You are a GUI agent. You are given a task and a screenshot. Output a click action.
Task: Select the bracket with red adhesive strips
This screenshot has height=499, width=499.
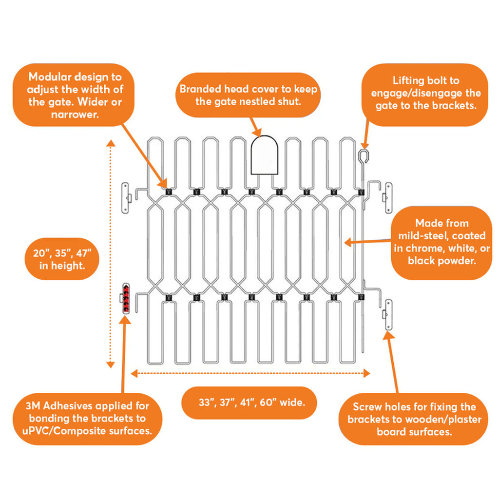[x=126, y=298]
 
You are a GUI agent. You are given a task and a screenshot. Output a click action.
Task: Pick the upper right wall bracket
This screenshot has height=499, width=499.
[x=388, y=198]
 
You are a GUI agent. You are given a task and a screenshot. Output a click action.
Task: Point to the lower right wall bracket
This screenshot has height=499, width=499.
[x=388, y=315]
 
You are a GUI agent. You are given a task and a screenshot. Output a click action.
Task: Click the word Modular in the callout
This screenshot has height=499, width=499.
[x=47, y=77]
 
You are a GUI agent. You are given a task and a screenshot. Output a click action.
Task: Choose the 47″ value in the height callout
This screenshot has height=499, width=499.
[x=84, y=253]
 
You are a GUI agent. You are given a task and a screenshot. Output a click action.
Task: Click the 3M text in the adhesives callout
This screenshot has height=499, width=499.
[x=33, y=406]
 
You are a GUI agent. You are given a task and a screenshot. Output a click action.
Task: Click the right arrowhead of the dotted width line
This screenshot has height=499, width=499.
[x=366, y=373]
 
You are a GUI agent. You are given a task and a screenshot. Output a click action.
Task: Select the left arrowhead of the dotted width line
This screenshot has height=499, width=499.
[x=134, y=373]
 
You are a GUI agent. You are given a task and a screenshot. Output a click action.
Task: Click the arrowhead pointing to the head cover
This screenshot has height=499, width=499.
[x=258, y=133]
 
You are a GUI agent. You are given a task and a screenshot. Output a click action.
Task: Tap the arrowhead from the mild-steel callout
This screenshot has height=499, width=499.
[x=348, y=243]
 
